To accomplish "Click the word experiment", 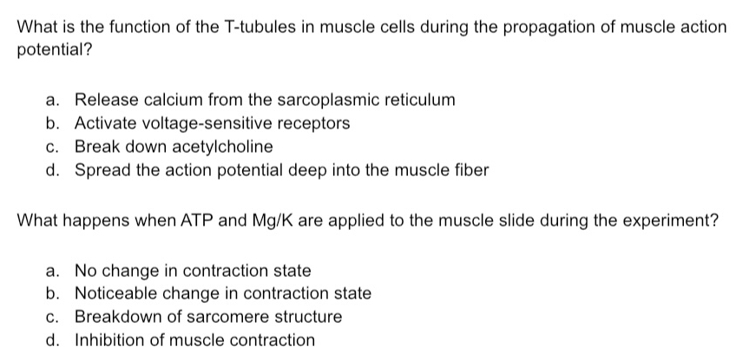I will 668,220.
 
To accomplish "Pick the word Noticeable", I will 117,293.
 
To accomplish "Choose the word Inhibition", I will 108,340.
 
